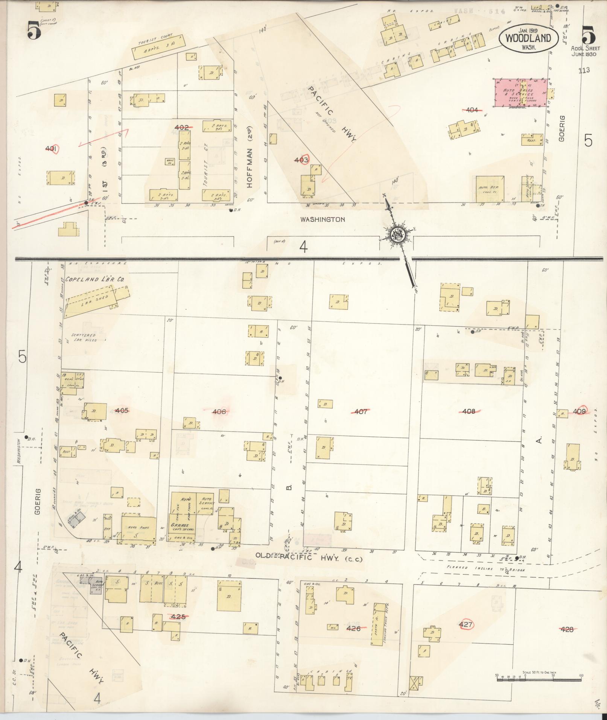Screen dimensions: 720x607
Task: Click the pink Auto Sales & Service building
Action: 521,93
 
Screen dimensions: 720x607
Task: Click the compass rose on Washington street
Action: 397,235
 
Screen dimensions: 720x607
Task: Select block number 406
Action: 219,411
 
